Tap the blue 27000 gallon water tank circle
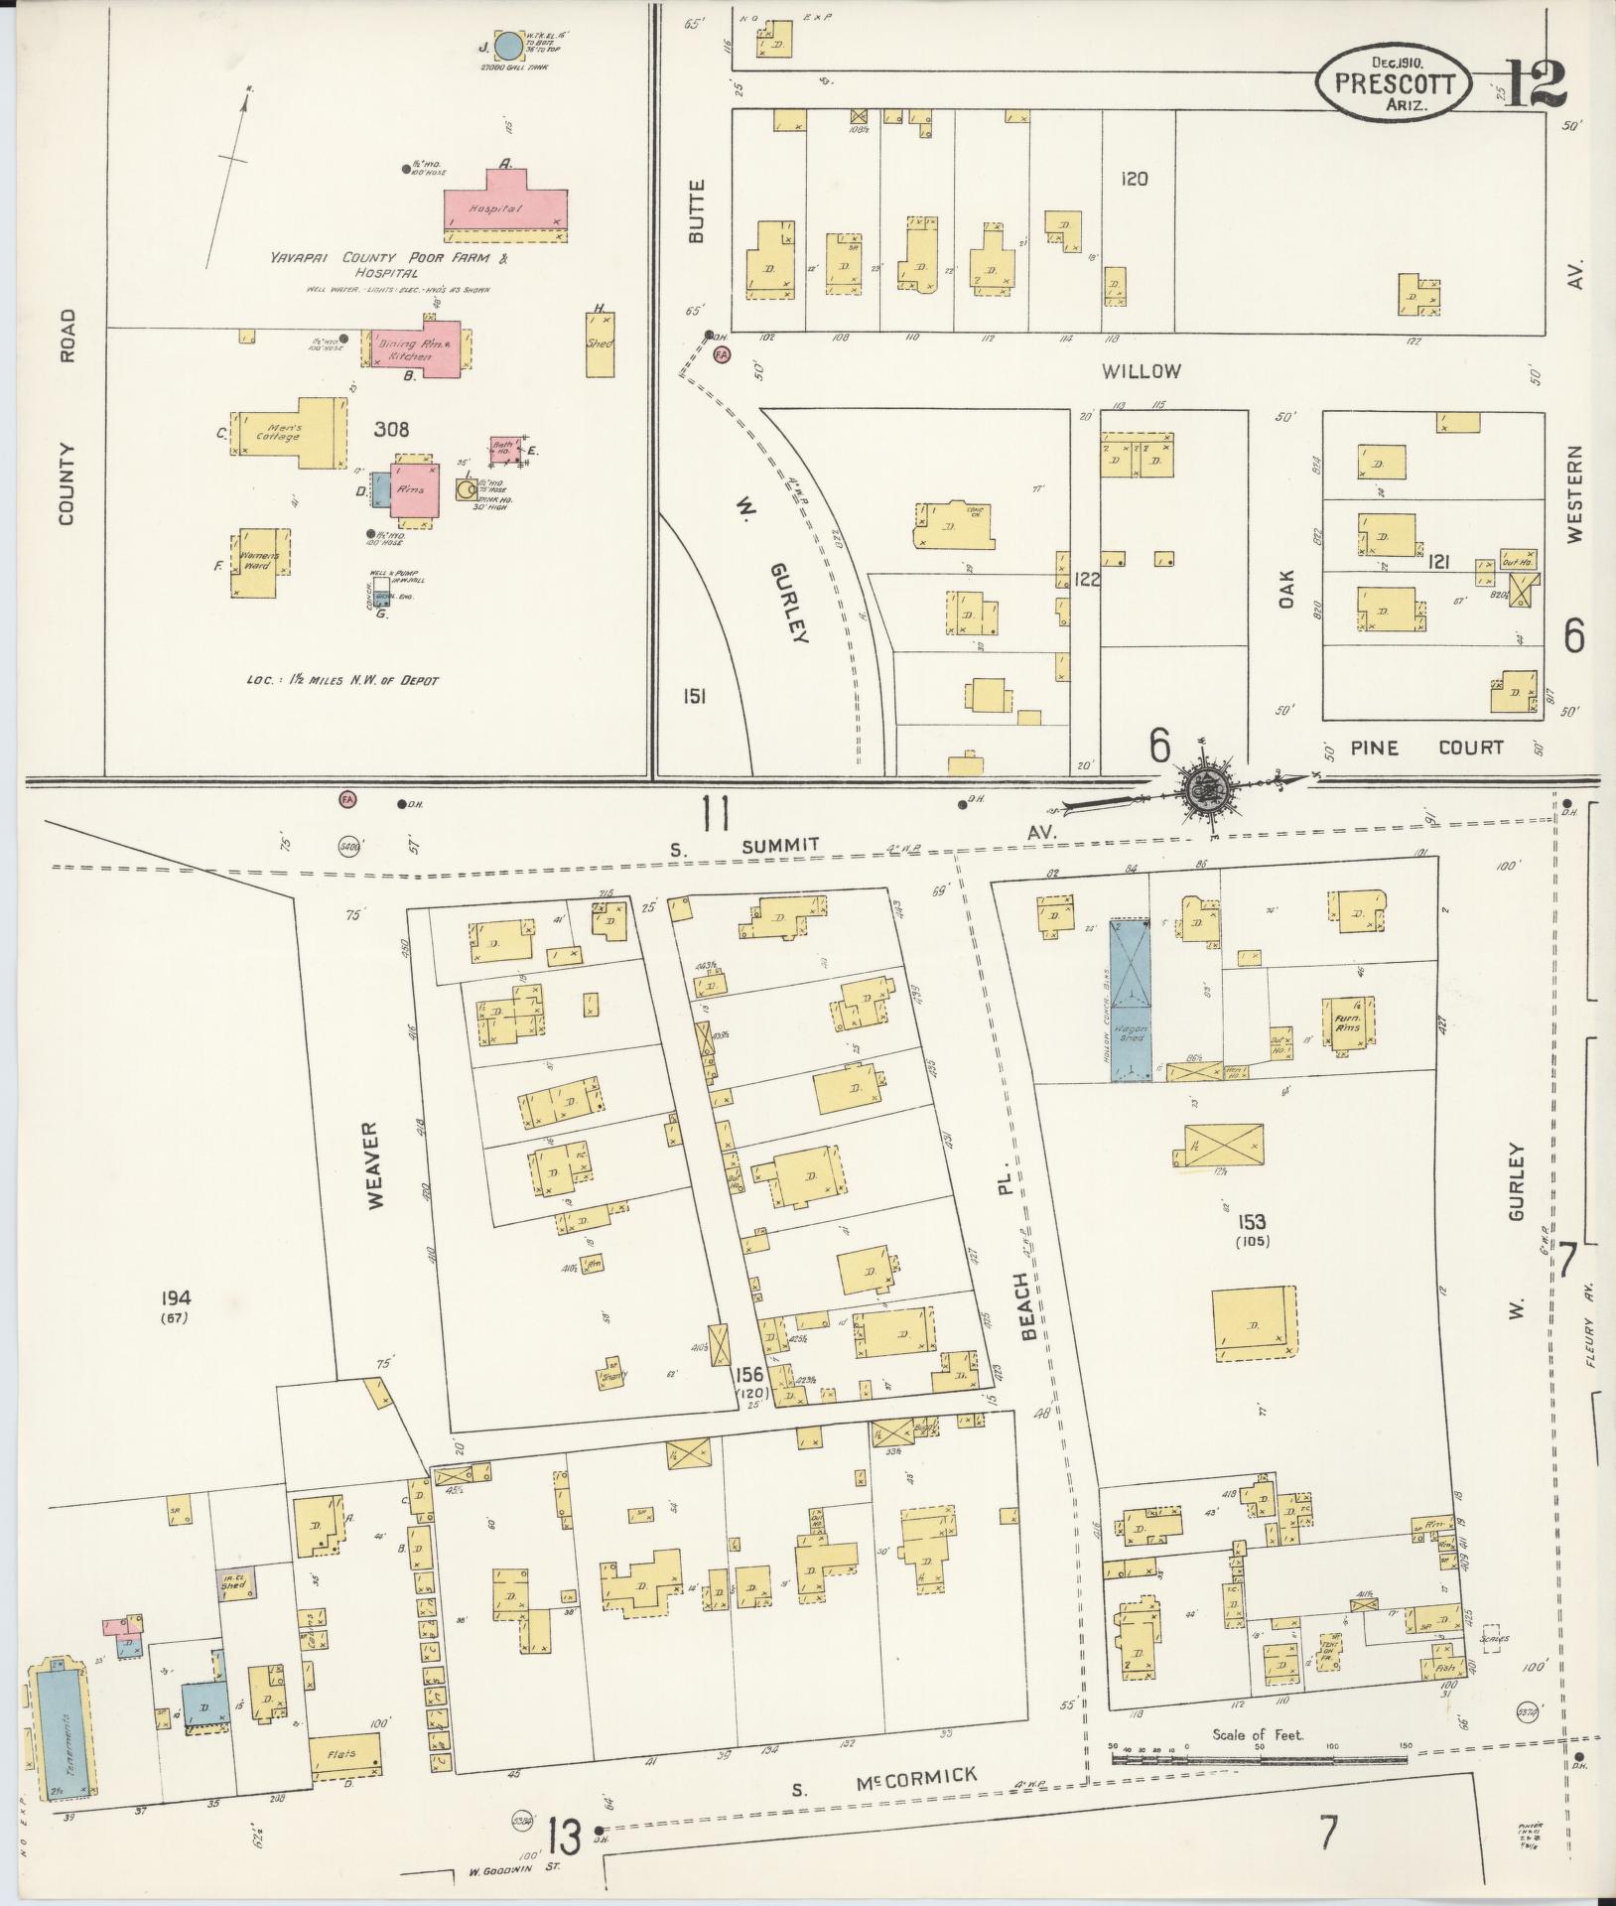coord(507,46)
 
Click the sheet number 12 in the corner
coord(1535,83)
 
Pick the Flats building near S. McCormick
coord(346,1756)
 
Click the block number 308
coord(392,430)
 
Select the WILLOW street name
coord(1141,371)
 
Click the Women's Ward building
coord(256,563)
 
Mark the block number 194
coord(179,1297)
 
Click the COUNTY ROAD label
coord(67,417)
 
